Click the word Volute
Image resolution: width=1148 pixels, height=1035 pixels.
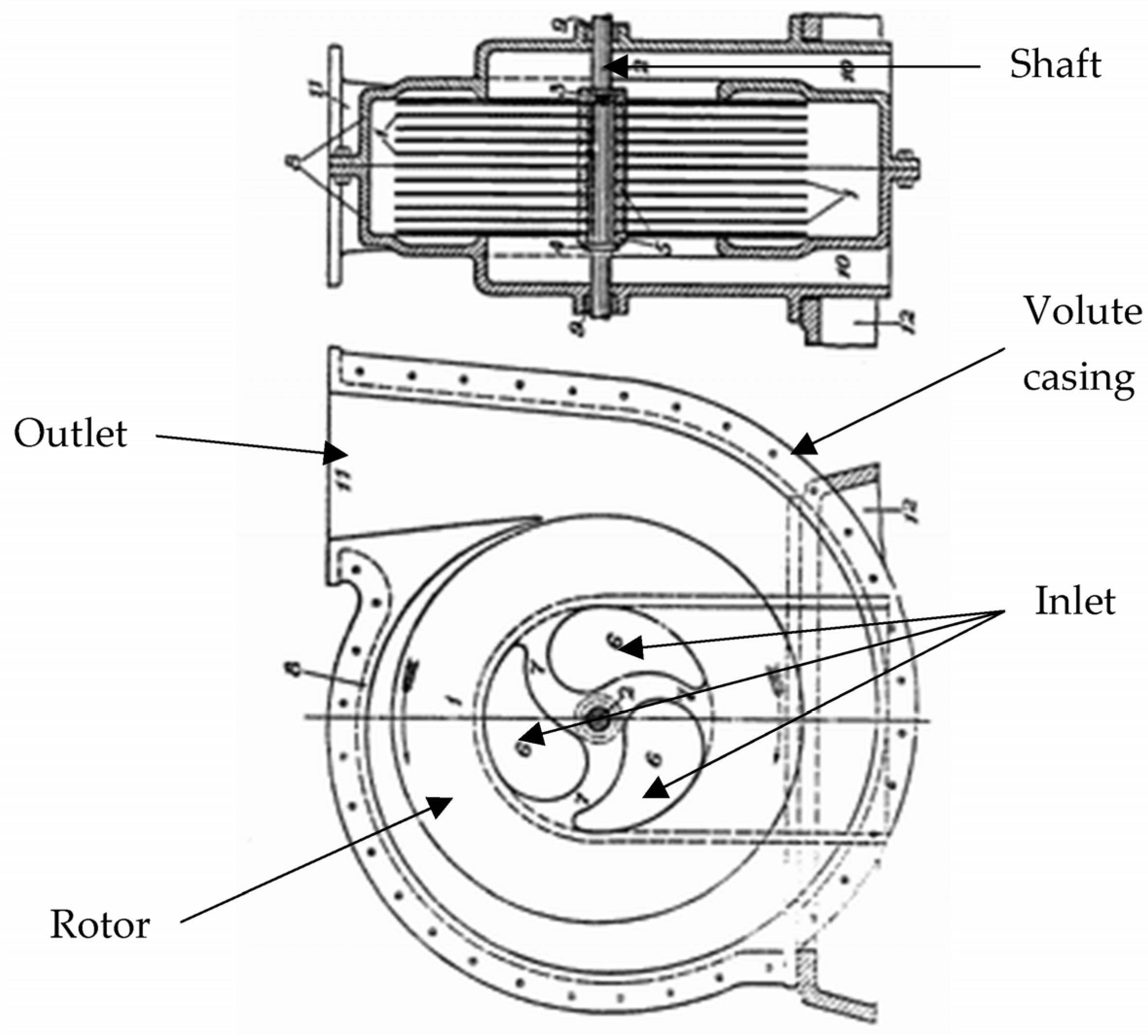pos(1081,312)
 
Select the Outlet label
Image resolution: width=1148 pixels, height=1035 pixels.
pos(70,434)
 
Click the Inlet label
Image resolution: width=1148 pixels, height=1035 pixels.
pos(1074,601)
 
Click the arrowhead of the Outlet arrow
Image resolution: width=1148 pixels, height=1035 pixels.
pos(336,453)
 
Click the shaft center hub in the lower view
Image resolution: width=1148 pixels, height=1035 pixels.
pos(598,720)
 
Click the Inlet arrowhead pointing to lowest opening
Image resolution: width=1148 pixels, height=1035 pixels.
pos(655,790)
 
